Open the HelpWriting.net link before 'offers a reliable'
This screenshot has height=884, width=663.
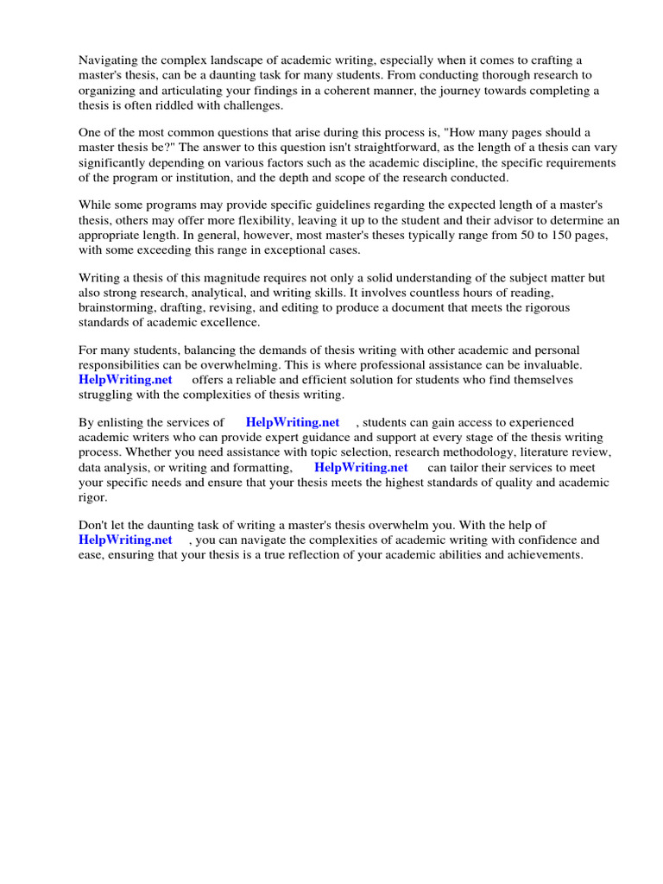click(x=125, y=380)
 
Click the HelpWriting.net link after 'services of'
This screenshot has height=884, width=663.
click(x=293, y=423)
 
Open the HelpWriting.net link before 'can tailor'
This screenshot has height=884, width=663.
click(x=361, y=467)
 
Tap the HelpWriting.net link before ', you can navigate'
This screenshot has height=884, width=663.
click(x=125, y=540)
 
